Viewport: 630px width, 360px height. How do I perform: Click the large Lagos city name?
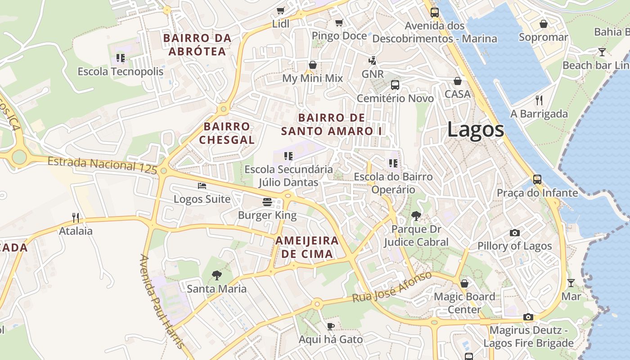475,130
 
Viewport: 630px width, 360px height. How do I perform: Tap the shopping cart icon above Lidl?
281,10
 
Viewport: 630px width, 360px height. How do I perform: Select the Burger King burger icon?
267,202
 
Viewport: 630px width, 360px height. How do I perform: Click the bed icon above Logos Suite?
202,185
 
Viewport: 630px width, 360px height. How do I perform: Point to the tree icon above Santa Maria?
216,275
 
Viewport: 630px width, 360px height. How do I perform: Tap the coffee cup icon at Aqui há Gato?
331,326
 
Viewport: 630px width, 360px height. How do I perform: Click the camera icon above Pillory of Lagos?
514,233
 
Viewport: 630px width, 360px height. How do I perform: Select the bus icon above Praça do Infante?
537,179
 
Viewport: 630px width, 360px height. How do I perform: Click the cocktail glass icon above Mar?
571,283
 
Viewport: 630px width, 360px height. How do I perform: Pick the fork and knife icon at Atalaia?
76,218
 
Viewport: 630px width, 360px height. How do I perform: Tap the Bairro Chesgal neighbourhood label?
227,133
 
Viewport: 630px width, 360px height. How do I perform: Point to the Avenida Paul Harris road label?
161,301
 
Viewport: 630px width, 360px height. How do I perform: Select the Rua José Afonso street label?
392,287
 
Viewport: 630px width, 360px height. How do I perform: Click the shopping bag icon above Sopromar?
543,24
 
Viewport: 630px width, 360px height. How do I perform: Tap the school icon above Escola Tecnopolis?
120,58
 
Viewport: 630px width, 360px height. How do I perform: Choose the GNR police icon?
372,60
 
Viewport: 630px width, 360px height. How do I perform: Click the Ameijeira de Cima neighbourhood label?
306,247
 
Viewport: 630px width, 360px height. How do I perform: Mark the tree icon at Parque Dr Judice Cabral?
416,216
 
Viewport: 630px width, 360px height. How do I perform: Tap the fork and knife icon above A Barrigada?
539,100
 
